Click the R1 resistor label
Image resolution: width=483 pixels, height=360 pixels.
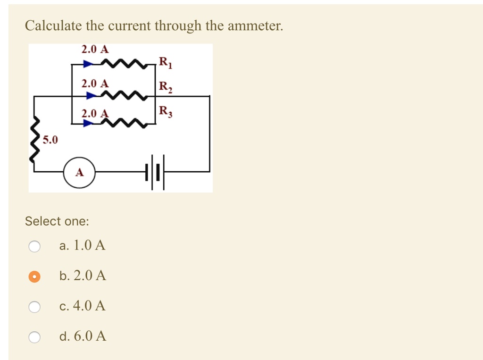[166, 62]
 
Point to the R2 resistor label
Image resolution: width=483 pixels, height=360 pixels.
[166, 87]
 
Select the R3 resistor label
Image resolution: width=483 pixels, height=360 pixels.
[166, 112]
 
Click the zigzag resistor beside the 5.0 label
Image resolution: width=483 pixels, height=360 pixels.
[34, 140]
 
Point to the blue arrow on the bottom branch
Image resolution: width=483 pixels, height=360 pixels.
[88, 124]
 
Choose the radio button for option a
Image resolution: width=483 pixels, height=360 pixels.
[34, 246]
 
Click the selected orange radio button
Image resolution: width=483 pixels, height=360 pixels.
[34, 276]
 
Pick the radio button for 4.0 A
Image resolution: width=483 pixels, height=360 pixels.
[34, 307]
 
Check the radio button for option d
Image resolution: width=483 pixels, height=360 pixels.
[34, 337]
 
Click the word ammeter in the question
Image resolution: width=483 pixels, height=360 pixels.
[255, 25]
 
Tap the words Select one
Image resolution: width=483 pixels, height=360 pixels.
[57, 221]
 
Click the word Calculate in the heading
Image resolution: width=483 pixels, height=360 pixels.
[53, 25]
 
